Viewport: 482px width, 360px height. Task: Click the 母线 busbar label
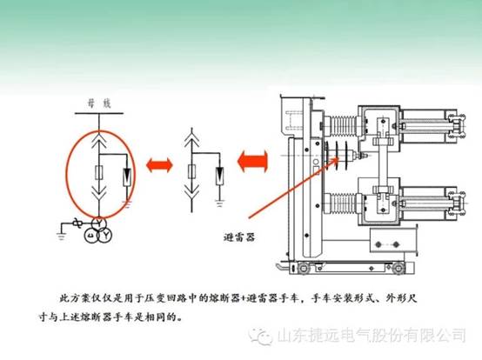tap(99, 104)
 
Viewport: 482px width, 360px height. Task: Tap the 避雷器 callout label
tap(239, 237)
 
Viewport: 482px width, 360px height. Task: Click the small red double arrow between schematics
tap(159, 165)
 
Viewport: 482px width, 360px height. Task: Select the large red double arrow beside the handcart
tap(252, 161)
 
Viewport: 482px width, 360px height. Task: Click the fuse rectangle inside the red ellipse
tap(99, 172)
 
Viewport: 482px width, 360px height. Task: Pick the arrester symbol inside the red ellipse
tap(127, 177)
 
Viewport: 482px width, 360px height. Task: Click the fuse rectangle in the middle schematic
tap(191, 171)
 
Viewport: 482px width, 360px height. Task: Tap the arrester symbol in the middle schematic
tap(219, 176)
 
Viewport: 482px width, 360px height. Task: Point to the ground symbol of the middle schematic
tap(219, 203)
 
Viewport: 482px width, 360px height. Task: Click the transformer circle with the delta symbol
tap(91, 236)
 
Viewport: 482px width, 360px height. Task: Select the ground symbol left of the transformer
tap(61, 237)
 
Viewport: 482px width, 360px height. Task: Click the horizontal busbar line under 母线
tap(99, 113)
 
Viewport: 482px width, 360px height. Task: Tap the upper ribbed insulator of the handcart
tap(342, 125)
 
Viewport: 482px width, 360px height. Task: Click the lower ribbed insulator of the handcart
tap(342, 203)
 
